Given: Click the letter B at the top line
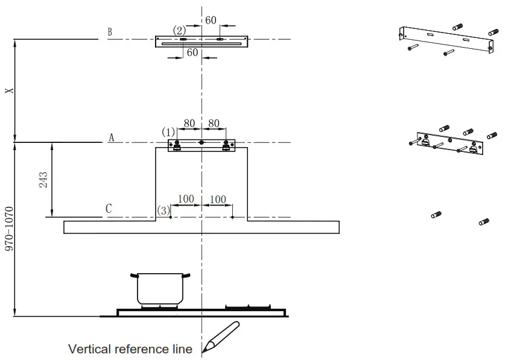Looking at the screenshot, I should (110, 32).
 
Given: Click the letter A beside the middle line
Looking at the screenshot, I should (111, 138).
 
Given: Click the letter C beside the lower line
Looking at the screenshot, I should (109, 209).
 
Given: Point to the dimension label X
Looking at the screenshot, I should (8, 90).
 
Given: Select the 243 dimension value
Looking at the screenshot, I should (44, 180).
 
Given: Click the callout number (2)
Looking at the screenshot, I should (179, 30).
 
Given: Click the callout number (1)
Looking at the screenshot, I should (168, 131).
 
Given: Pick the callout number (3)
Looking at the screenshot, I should (163, 210).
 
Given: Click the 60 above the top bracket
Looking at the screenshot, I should (211, 20).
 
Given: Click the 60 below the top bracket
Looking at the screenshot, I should (192, 52).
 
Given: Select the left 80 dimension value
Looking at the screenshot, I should (189, 124).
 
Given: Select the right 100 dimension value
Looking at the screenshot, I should (217, 199).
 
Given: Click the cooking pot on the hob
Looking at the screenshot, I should (159, 289).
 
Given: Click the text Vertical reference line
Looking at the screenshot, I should (130, 349).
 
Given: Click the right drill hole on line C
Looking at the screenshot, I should (233, 216).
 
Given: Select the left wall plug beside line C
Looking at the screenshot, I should (437, 215).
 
